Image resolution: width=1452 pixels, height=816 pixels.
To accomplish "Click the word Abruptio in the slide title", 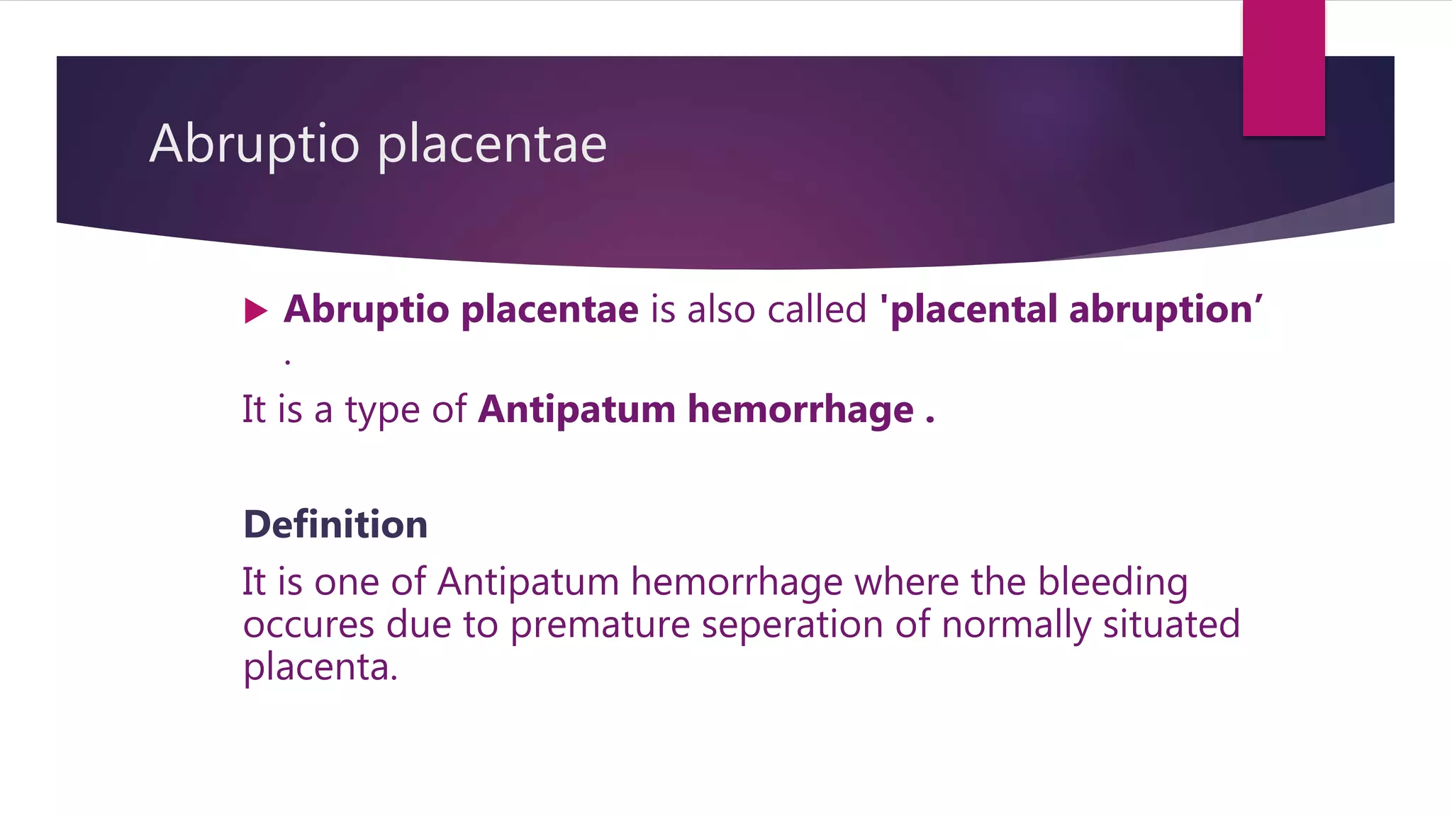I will point(255,144).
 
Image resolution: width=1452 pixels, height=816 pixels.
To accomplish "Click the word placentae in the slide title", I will point(491,145).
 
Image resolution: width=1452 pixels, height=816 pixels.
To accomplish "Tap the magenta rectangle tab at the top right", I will point(1283,67).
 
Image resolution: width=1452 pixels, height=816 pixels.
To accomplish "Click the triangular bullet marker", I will point(255,310).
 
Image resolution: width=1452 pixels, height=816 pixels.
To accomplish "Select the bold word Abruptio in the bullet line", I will point(367,310).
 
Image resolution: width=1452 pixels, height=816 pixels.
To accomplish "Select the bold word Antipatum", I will point(576,409).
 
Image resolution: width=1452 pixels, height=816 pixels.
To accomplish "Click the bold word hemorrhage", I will point(800,409).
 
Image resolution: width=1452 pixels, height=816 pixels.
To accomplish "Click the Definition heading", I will point(335,524).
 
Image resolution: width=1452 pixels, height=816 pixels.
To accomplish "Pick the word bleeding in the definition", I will point(1112,582).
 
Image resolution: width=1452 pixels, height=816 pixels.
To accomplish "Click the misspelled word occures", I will point(308,625).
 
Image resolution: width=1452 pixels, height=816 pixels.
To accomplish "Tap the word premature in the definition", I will point(600,625).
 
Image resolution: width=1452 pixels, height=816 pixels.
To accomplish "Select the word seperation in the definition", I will point(792,625).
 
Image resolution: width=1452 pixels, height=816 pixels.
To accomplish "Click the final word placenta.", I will point(320,667).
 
